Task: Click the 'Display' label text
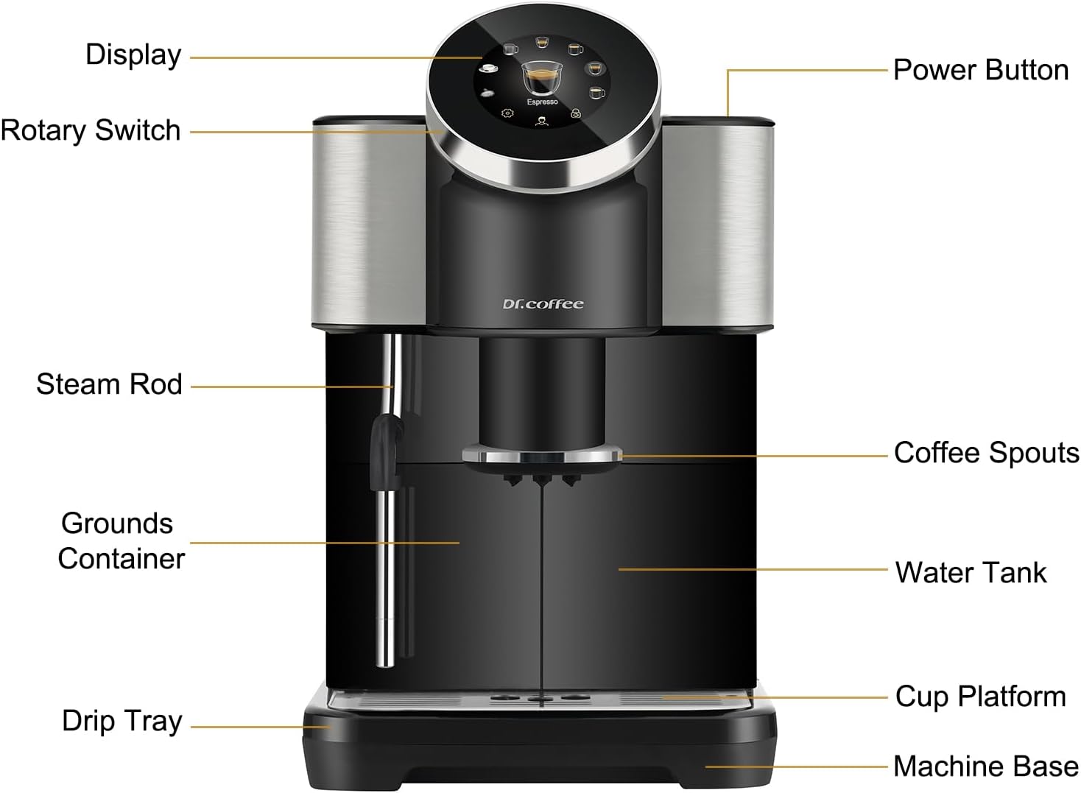tap(133, 55)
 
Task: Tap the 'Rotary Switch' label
tap(91, 130)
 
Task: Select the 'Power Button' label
tap(980, 70)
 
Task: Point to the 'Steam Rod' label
tap(109, 384)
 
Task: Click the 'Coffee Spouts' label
tap(986, 453)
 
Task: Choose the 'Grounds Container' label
tap(120, 541)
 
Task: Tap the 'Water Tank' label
tap(971, 573)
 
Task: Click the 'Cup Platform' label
tap(980, 697)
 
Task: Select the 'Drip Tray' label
tap(122, 721)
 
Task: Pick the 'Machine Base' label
tap(986, 766)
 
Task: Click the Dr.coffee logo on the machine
tap(543, 304)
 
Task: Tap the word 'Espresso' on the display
tap(542, 102)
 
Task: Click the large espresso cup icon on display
tap(541, 77)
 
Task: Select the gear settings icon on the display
tap(507, 113)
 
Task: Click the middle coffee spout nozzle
tap(542, 480)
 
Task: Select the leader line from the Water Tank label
tap(751, 569)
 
